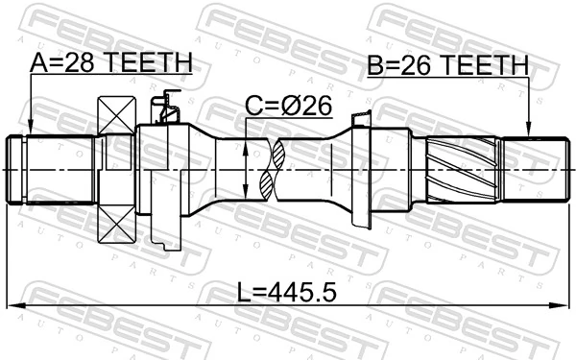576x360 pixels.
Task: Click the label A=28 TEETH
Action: (x=110, y=63)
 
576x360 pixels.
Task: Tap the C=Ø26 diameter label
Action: (x=287, y=107)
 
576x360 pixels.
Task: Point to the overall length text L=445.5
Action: (x=288, y=289)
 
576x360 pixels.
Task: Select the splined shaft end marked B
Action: (x=530, y=171)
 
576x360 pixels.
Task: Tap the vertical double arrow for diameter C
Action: (x=248, y=171)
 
